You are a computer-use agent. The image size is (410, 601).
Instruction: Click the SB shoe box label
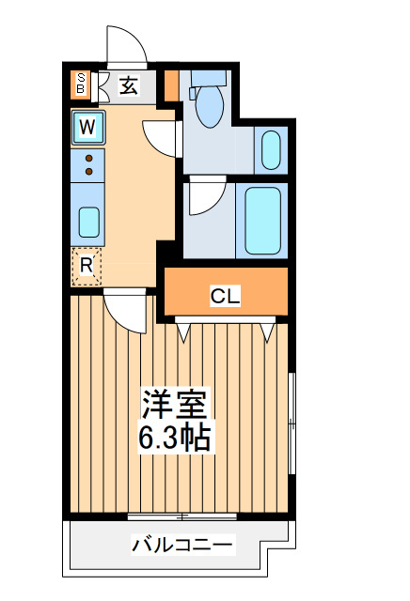click(x=81, y=84)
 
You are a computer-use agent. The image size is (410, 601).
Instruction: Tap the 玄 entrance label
click(x=128, y=85)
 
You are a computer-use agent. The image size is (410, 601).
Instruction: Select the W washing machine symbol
click(x=87, y=128)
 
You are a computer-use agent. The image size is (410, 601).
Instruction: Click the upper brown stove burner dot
click(x=88, y=158)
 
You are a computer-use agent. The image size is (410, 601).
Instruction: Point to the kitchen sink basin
click(x=89, y=222)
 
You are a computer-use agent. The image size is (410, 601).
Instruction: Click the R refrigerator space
click(x=87, y=267)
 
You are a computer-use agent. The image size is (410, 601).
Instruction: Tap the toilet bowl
click(x=209, y=106)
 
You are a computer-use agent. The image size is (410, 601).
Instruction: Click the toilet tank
click(x=209, y=78)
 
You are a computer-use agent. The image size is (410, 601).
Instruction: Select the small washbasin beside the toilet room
click(x=271, y=150)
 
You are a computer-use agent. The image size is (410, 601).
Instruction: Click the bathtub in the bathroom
click(x=263, y=221)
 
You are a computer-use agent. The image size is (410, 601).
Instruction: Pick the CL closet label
click(x=225, y=296)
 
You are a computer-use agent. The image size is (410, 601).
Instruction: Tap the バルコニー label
click(x=182, y=545)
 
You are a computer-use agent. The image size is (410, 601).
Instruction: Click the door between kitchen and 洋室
click(x=125, y=311)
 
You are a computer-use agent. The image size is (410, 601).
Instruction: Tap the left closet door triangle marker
click(x=183, y=332)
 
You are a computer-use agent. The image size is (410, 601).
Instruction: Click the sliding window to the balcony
click(x=182, y=516)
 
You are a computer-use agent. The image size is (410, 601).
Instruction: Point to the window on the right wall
click(x=292, y=424)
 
